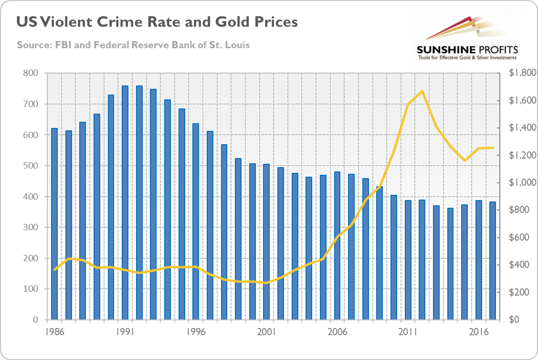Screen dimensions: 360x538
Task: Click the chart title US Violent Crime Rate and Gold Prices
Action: [157, 22]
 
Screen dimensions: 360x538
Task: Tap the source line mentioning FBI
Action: [133, 45]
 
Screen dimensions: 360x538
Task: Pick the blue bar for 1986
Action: [54, 224]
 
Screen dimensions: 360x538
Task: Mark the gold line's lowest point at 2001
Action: [266, 283]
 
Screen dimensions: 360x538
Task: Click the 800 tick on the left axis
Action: [31, 74]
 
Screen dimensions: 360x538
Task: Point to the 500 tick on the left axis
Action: [31, 166]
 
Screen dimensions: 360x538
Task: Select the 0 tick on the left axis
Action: [35, 320]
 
